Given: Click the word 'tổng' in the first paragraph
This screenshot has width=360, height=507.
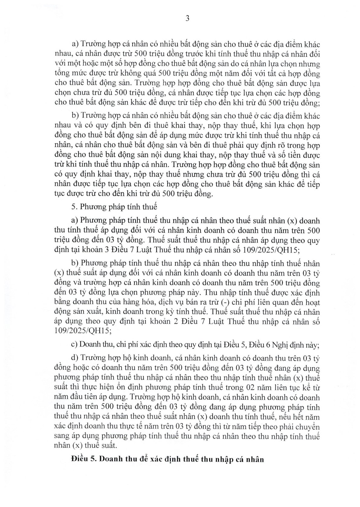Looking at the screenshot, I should click(62, 73).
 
